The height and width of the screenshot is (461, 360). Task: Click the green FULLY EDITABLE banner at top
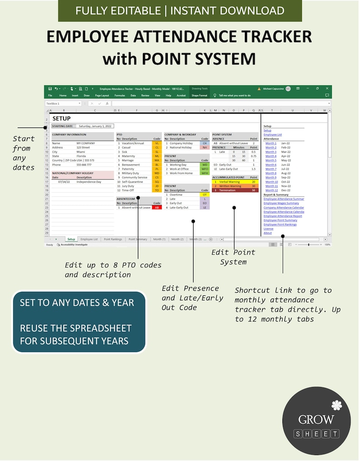pyautogui.click(x=180, y=10)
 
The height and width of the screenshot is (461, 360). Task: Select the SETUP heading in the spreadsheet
pyautogui.click(x=62, y=119)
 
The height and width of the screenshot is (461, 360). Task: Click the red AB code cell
pyautogui.click(x=156, y=207)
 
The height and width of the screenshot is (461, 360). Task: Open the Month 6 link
pyautogui.click(x=271, y=165)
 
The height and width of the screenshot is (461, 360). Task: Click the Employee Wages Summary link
pyautogui.click(x=281, y=203)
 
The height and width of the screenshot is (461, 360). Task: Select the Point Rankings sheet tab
pyautogui.click(x=113, y=239)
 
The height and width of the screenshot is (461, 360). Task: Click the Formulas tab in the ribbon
pyautogui.click(x=120, y=96)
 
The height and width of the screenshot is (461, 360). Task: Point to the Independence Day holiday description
pyautogui.click(x=89, y=181)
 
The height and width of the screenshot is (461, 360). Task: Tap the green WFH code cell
pyautogui.click(x=204, y=173)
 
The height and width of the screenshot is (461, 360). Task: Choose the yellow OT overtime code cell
pyautogui.click(x=204, y=195)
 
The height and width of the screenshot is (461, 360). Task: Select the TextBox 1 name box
pyautogui.click(x=63, y=103)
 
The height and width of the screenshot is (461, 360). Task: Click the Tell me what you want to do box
pyautogui.click(x=235, y=96)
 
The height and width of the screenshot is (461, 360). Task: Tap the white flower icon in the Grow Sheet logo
pyautogui.click(x=336, y=405)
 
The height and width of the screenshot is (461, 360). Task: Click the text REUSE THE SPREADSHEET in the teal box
pyautogui.click(x=76, y=328)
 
